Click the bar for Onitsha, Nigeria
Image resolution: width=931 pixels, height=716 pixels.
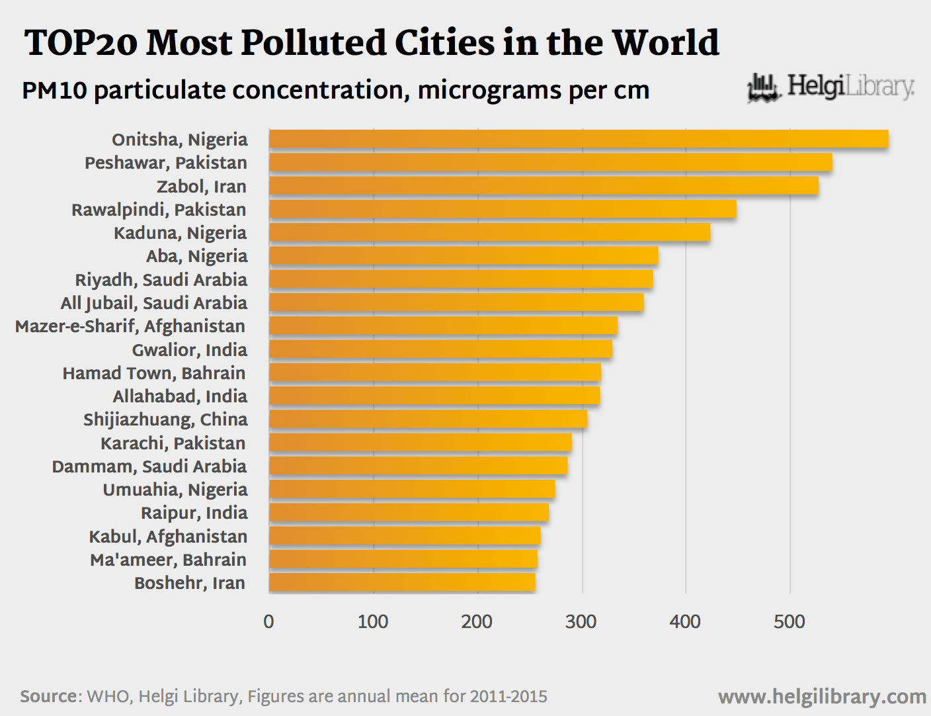(x=579, y=139)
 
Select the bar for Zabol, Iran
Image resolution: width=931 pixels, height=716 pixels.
(x=544, y=186)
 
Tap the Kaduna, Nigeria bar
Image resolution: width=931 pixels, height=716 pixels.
(x=489, y=232)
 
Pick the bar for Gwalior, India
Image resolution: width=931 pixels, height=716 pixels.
(x=440, y=349)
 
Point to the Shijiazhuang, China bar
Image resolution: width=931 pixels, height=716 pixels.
(x=428, y=420)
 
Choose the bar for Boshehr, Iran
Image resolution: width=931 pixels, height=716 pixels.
(x=402, y=582)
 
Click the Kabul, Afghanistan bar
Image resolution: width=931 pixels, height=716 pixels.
(x=405, y=536)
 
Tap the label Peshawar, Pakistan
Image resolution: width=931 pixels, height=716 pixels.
(x=166, y=163)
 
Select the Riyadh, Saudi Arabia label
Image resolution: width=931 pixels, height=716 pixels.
(x=161, y=279)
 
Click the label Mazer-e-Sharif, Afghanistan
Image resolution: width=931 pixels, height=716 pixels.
(x=130, y=326)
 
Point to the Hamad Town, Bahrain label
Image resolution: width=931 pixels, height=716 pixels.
(x=154, y=373)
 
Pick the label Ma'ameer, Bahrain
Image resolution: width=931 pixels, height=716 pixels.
(x=169, y=560)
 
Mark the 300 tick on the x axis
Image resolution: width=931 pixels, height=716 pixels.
(x=581, y=621)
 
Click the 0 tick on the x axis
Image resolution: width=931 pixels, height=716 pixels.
(x=268, y=621)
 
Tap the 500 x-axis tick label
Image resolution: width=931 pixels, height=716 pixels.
(x=789, y=621)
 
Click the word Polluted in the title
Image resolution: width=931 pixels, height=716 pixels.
(x=313, y=43)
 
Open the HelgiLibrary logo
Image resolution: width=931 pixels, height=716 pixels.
(x=830, y=87)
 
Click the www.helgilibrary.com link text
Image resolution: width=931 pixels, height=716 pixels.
(x=822, y=696)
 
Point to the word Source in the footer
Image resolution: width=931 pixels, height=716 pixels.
(x=49, y=696)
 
